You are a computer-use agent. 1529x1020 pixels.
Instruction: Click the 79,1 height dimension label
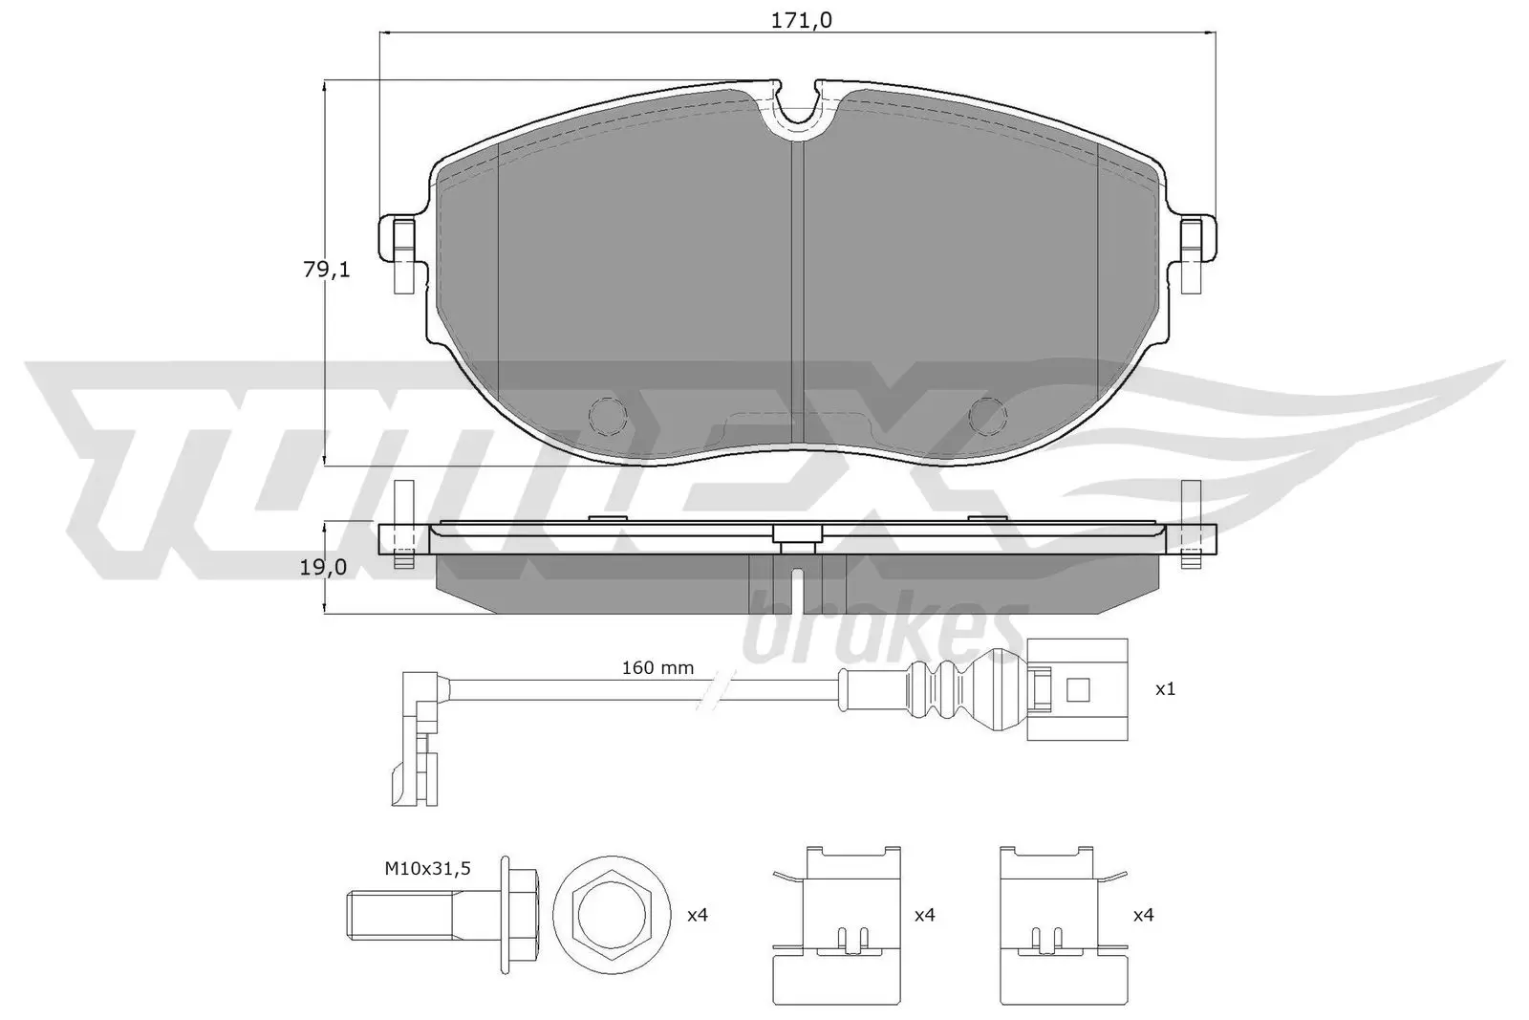point(327,271)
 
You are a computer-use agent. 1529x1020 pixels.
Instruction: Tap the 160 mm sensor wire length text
point(657,667)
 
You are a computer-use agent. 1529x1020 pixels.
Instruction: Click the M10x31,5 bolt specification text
point(428,868)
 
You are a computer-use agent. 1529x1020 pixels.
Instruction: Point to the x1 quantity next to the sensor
point(1165,688)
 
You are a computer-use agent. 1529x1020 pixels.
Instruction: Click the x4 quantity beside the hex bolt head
point(698,915)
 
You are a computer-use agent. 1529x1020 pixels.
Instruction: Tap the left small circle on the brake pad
point(608,414)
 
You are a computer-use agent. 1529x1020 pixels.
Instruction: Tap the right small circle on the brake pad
point(988,414)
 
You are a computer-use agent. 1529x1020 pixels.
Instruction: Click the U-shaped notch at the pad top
point(798,105)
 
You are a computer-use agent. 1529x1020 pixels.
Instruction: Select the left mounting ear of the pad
point(401,250)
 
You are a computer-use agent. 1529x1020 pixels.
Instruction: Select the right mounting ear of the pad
point(1194,250)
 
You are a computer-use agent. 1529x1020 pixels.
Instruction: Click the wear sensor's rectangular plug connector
point(1077,688)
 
